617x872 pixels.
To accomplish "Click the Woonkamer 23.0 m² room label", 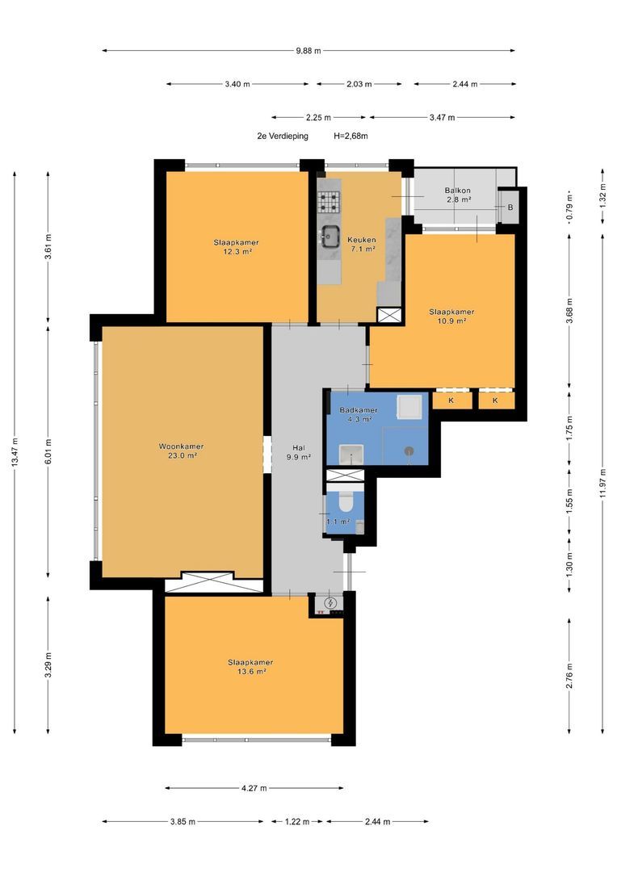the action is (181, 451).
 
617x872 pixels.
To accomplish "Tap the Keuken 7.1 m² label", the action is (362, 244).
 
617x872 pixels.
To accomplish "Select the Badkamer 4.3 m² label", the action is (359, 414).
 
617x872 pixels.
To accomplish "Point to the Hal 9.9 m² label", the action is (299, 452).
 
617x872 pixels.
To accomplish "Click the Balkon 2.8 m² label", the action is (458, 195).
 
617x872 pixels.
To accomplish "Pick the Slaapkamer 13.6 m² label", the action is (250, 667).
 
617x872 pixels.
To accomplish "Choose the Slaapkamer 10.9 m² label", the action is (451, 316).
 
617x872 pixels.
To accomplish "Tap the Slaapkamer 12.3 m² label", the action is (236, 247).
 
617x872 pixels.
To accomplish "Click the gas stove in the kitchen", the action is (329, 202).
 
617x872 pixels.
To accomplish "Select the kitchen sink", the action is (329, 237).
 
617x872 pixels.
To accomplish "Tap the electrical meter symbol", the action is (330, 602).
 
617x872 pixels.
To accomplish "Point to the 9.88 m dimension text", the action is (308, 51).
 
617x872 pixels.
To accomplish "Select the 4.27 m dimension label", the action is (254, 788).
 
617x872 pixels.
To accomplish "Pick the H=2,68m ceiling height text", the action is (350, 136).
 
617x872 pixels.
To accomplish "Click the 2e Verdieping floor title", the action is (282, 136).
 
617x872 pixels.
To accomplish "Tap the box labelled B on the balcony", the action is (510, 208).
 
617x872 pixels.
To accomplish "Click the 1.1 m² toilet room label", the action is (338, 522).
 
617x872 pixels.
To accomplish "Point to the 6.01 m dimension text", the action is (48, 451).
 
